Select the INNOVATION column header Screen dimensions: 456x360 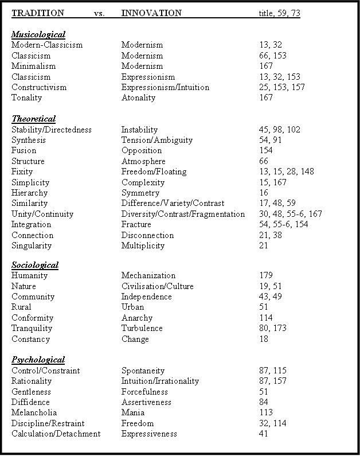tap(151, 13)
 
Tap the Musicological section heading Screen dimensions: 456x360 tap(38, 34)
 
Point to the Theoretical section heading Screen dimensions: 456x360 tap(33, 119)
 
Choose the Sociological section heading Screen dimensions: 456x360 tap(35, 265)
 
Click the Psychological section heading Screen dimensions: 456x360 tap(38, 360)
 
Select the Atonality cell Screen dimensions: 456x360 tap(138, 98)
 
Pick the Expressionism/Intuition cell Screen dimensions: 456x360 tap(165, 87)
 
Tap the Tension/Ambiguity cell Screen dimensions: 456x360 tap(156, 140)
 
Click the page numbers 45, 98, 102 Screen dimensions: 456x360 tap(279, 130)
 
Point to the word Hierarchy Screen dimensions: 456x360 tap(30, 193)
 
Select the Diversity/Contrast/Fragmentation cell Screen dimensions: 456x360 tap(183, 214)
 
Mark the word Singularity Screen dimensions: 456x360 tap(32, 245)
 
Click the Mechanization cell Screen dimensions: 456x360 tap(148, 275)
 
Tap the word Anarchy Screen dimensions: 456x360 tap(137, 318)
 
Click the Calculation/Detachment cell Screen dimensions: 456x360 tap(56, 434)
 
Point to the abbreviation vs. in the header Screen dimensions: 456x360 tap(99, 13)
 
